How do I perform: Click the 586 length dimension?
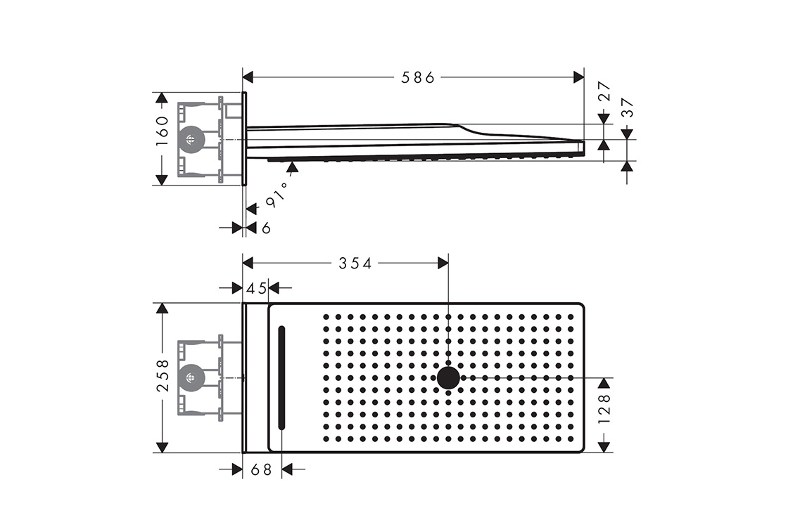(x=418, y=77)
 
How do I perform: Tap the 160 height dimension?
(x=162, y=131)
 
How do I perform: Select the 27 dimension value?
(x=604, y=91)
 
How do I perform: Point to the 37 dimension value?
(x=628, y=108)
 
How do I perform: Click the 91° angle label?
(x=277, y=195)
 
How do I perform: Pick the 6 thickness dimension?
(x=267, y=228)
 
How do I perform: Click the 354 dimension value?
(x=355, y=263)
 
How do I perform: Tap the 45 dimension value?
(x=256, y=288)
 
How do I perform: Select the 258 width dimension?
(x=163, y=375)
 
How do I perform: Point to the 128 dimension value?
(x=604, y=408)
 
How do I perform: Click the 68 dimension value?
(x=261, y=469)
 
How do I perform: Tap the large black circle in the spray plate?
(x=448, y=377)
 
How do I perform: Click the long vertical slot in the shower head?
(x=281, y=378)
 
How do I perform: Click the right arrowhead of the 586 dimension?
(x=579, y=77)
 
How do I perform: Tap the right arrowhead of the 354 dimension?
(x=443, y=263)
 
